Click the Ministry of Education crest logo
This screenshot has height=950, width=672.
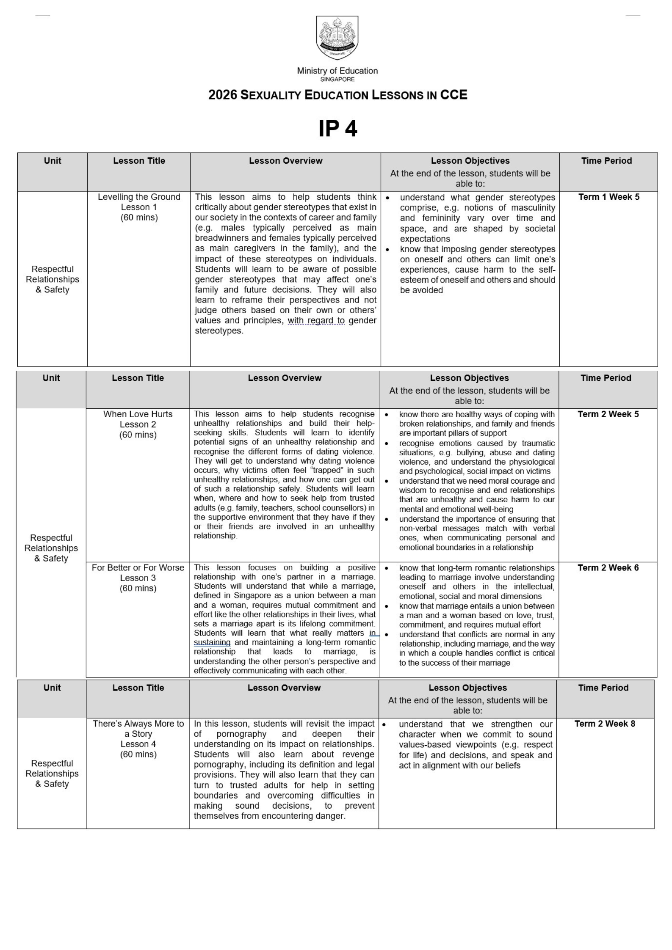(337, 38)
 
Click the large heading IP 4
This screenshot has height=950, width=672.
(337, 129)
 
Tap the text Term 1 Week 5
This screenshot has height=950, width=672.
(608, 197)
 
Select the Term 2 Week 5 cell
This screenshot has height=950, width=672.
(608, 414)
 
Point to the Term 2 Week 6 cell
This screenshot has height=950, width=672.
(608, 568)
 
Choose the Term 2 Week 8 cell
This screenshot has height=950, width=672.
(605, 724)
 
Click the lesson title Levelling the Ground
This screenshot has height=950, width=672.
(139, 197)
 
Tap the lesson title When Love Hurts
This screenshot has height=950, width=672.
(138, 414)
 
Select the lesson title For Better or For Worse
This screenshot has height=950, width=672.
(138, 568)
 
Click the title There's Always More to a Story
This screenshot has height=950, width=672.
(138, 729)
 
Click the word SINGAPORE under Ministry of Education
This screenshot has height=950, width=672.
(337, 80)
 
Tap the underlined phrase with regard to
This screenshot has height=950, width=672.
(316, 321)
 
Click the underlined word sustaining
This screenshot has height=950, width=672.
(212, 642)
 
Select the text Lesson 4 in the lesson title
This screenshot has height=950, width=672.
(138, 744)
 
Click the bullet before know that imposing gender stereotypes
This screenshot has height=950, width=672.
(387, 250)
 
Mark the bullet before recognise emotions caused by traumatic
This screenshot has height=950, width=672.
(387, 443)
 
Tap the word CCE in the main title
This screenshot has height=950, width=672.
(454, 95)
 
